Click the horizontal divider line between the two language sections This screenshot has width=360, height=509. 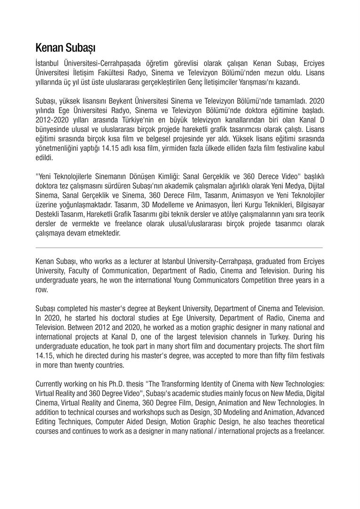179,247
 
